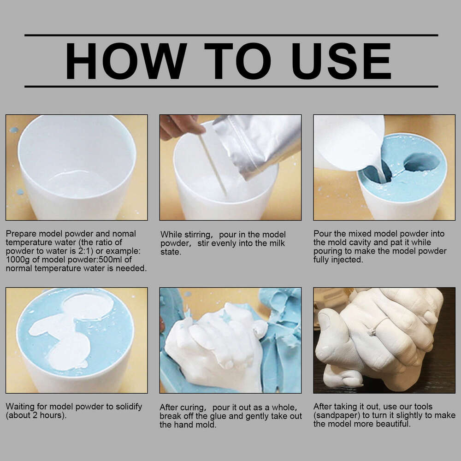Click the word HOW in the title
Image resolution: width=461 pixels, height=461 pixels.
click(125, 61)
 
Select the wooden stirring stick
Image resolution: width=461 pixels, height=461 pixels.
click(212, 164)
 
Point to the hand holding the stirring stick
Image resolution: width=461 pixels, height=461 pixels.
click(180, 125)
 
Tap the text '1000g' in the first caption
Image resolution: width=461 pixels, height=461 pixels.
click(17, 259)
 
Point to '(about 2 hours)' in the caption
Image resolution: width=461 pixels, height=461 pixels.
click(36, 415)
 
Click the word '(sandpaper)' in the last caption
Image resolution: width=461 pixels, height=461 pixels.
click(336, 415)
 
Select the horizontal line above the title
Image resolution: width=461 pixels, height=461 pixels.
click(230, 35)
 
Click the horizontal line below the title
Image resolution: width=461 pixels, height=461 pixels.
click(230, 86)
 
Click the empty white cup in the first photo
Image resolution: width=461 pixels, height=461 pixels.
click(77, 166)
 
